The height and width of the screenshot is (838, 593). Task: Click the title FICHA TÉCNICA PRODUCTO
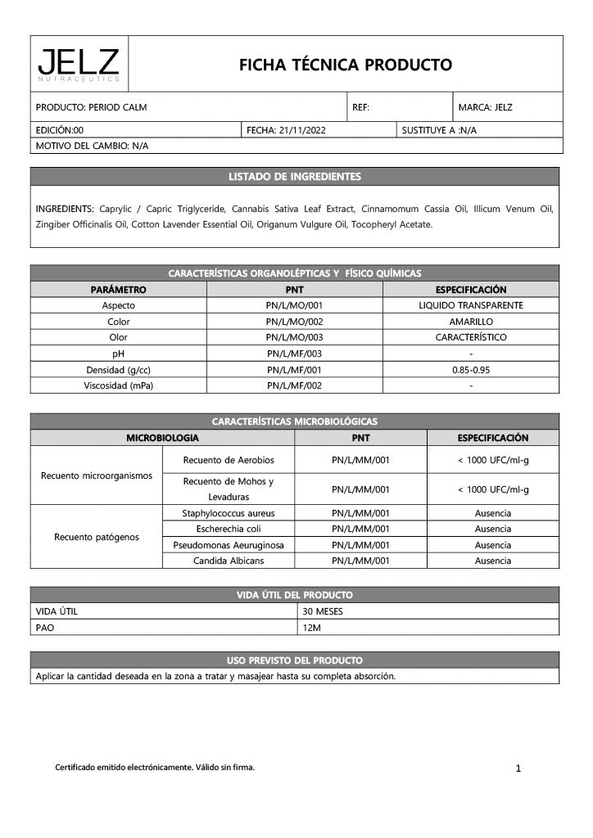[345, 64]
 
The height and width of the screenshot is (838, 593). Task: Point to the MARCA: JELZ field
[485, 107]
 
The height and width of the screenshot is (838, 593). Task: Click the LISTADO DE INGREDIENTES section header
[295, 176]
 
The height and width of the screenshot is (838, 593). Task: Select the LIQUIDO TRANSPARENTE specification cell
[470, 305]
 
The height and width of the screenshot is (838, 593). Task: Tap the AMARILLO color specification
[470, 322]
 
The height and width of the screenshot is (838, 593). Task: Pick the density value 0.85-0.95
[470, 370]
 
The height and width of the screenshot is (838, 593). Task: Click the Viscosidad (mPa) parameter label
[119, 385]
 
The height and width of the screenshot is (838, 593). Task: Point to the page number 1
[518, 768]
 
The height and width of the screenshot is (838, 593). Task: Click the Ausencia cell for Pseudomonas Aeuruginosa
[492, 545]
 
